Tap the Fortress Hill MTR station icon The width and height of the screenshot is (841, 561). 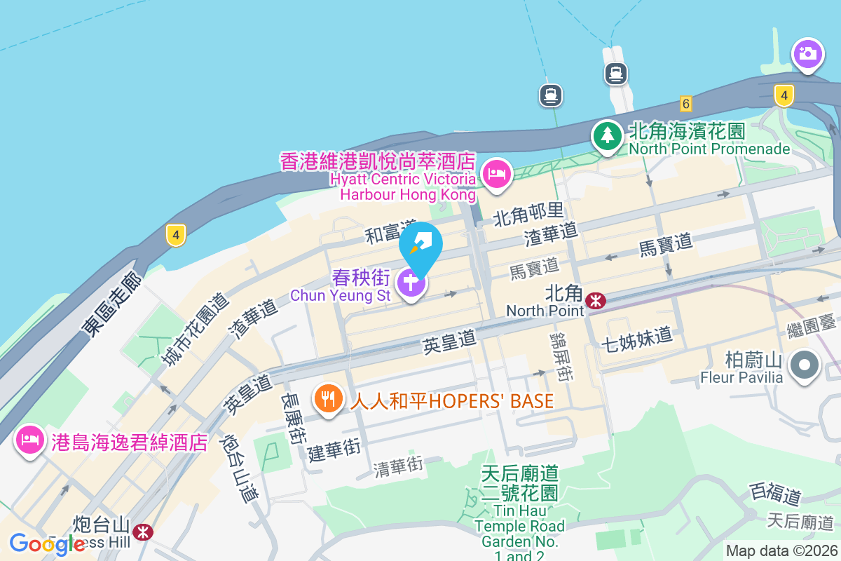coord(143,532)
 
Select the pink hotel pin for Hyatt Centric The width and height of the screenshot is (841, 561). coord(497,173)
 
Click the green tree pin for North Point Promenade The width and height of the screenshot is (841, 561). coord(607,135)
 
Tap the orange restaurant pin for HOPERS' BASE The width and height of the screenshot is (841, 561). coord(327,399)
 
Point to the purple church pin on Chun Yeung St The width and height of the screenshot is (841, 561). coord(411,283)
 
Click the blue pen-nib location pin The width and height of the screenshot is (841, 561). coord(420,245)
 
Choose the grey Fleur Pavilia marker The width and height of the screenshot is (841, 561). coord(805,365)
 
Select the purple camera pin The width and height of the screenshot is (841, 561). coord(807,53)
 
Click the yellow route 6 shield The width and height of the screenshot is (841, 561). coord(685,104)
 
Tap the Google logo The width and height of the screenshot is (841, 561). coord(47,544)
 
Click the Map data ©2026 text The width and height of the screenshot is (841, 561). coord(781,551)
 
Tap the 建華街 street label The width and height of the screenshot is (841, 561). coord(334,449)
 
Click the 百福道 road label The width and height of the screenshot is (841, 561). coord(775,494)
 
